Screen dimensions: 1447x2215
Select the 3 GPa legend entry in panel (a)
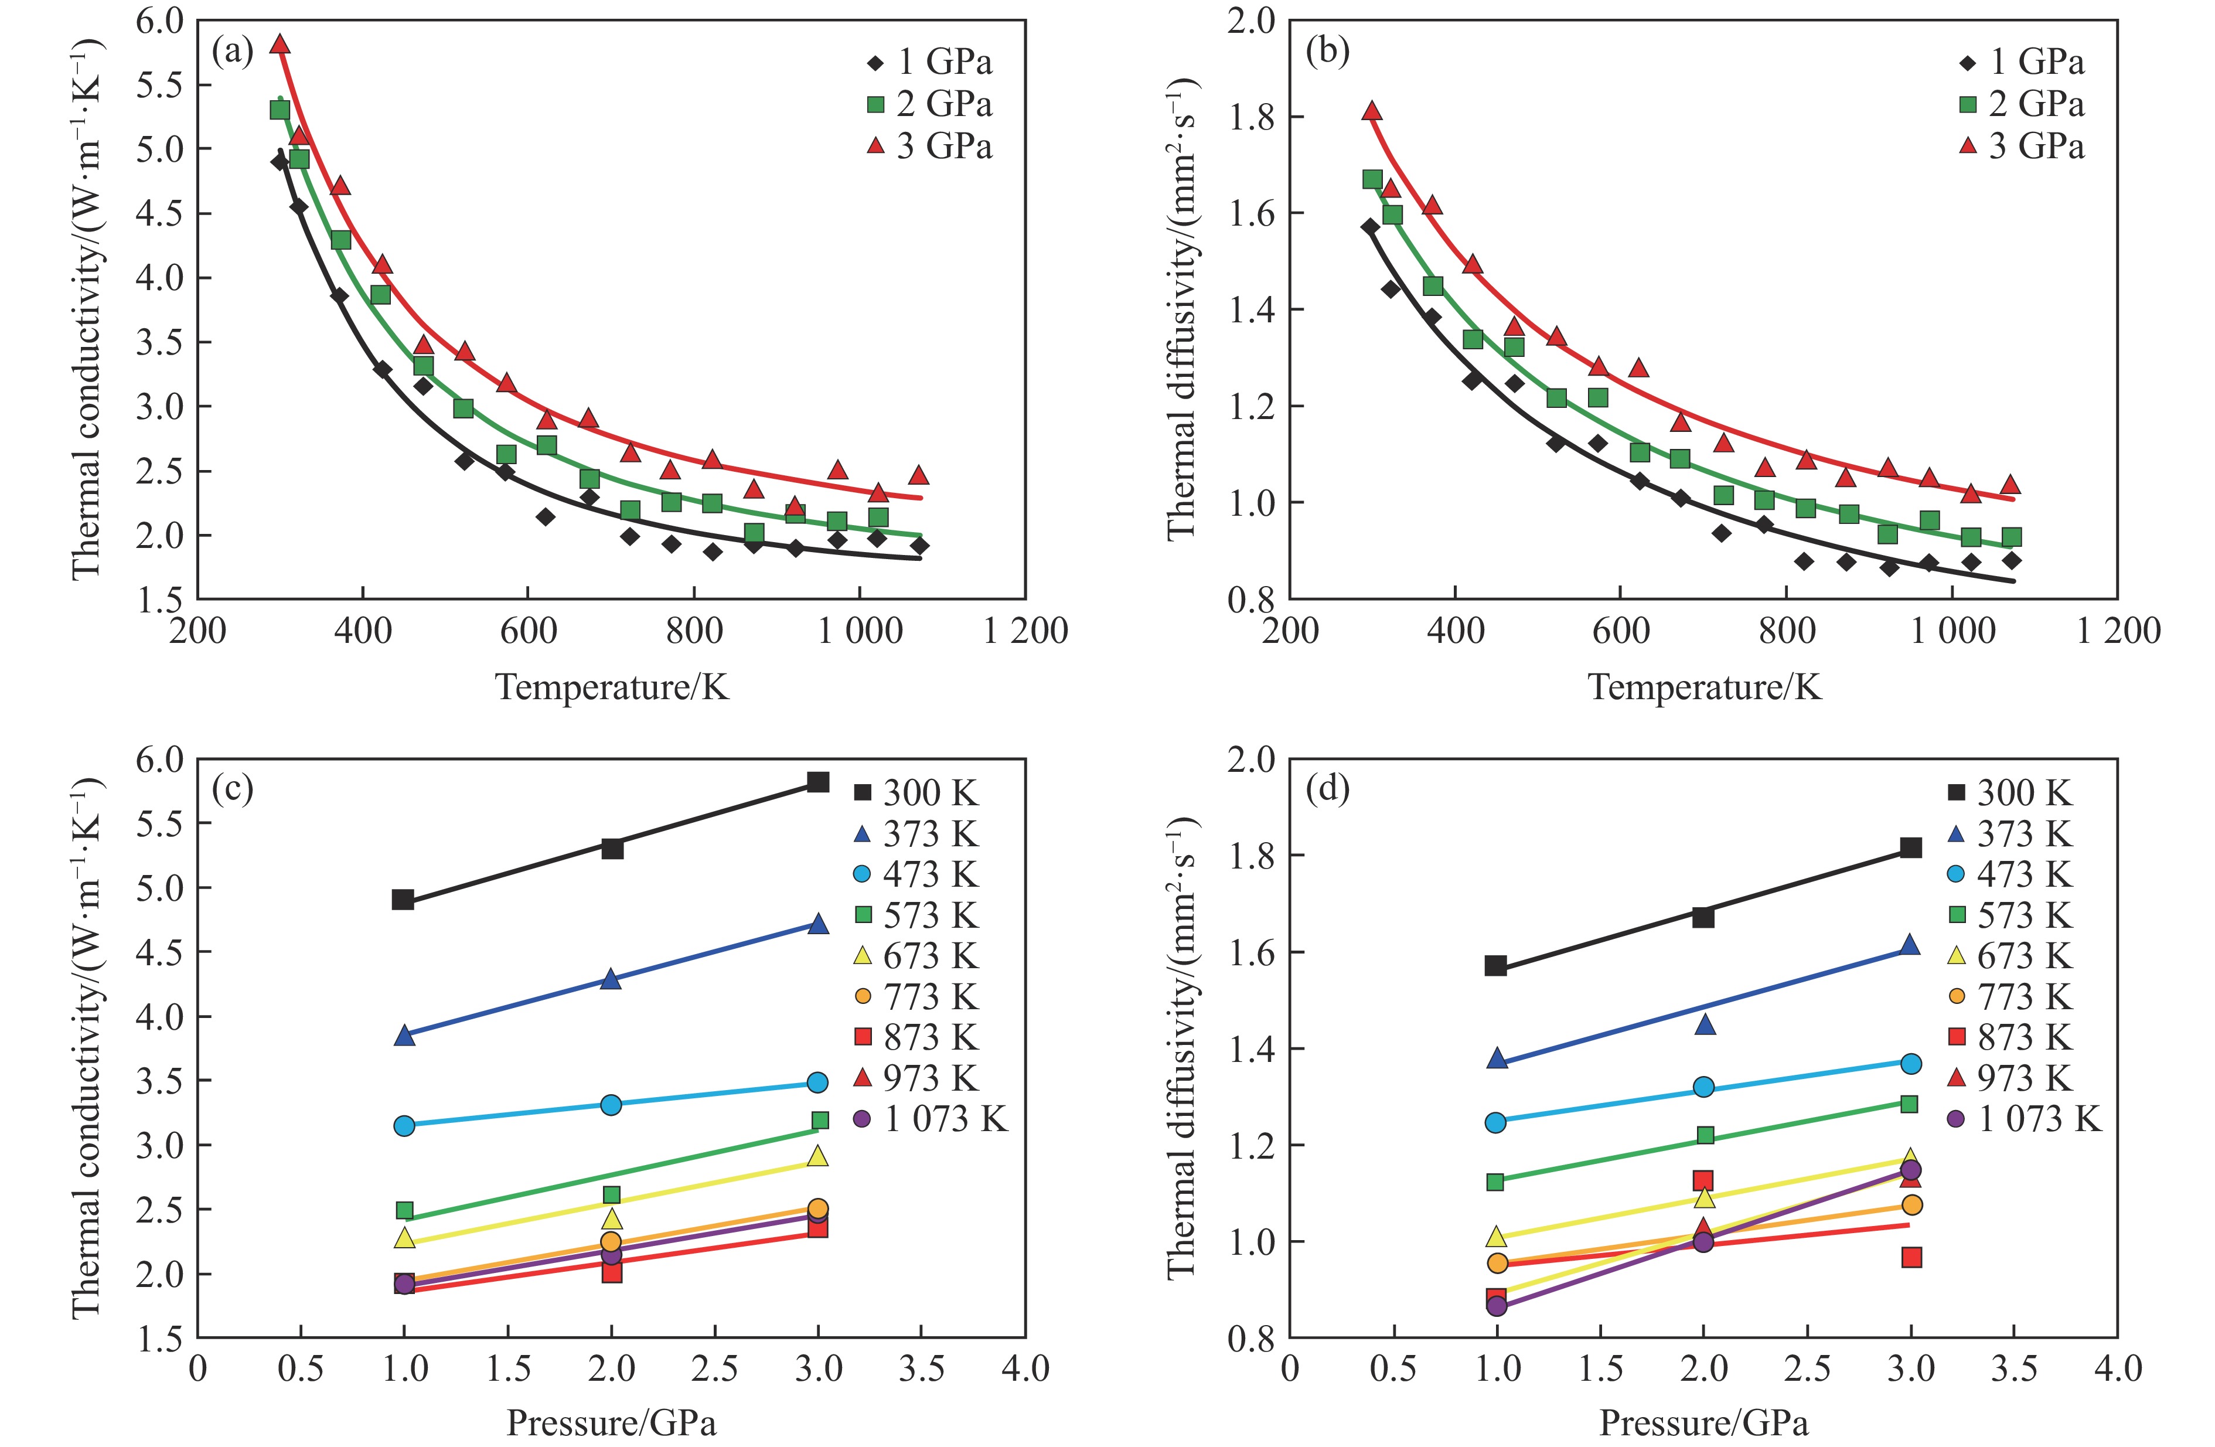(931, 146)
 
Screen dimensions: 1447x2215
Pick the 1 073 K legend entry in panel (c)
(931, 1119)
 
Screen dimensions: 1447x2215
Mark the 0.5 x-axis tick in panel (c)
(301, 1369)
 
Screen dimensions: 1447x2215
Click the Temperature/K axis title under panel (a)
(611, 687)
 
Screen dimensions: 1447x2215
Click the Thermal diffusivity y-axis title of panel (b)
(1181, 309)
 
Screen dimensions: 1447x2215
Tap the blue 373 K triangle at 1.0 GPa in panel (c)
(404, 1035)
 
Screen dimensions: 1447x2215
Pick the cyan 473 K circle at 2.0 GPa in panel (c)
(611, 1105)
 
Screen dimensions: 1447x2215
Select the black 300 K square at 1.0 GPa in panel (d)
(1495, 965)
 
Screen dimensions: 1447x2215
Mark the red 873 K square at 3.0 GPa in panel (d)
(1911, 1257)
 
